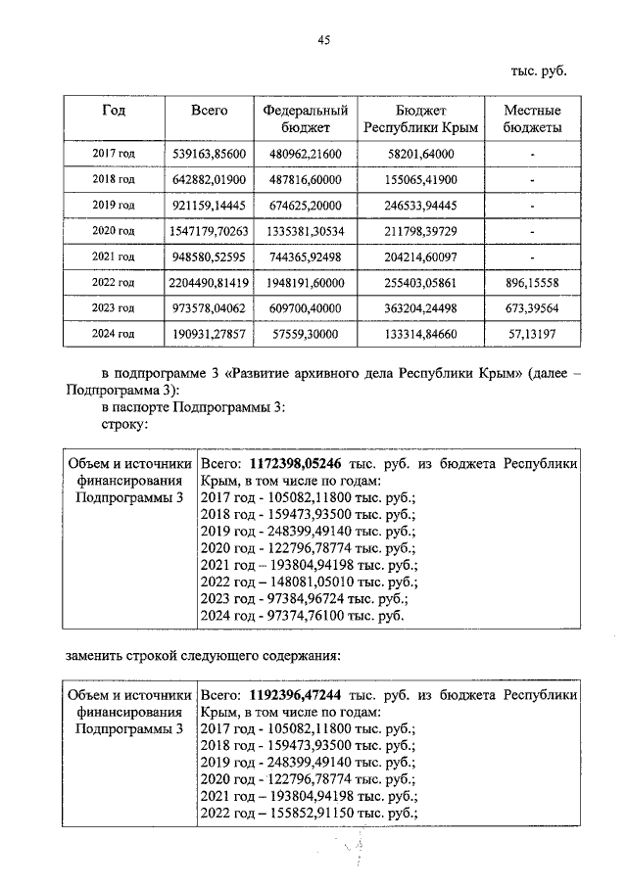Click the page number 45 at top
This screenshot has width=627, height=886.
pyautogui.click(x=324, y=39)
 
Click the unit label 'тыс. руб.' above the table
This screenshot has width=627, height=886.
pyautogui.click(x=539, y=70)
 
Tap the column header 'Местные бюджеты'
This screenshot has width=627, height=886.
pyautogui.click(x=531, y=119)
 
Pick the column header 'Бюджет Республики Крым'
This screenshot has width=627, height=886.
pyautogui.click(x=420, y=119)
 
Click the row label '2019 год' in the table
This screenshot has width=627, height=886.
pyautogui.click(x=113, y=206)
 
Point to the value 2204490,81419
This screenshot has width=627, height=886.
pyautogui.click(x=208, y=282)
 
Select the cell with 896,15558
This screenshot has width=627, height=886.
pyautogui.click(x=531, y=282)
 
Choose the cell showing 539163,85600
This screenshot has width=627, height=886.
pyautogui.click(x=208, y=155)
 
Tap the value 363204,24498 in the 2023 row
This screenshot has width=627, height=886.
pyautogui.click(x=420, y=307)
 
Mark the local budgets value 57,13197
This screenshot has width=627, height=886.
pyautogui.click(x=531, y=333)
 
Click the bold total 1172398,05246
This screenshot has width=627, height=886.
pyautogui.click(x=298, y=465)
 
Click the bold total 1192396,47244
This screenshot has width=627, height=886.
pyautogui.click(x=298, y=695)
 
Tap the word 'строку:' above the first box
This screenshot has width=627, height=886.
pyautogui.click(x=124, y=424)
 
